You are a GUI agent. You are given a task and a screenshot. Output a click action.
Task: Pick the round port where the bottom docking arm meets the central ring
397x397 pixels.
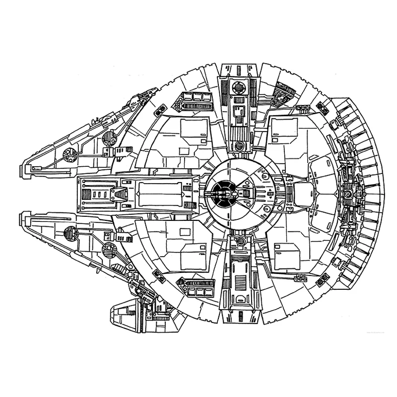[240, 242]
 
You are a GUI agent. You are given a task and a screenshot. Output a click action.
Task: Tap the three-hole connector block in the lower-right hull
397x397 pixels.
[301, 281]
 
